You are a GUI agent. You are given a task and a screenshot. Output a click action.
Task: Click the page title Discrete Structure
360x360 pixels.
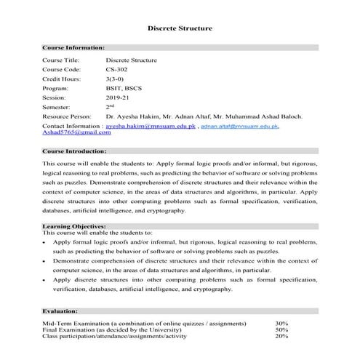[180, 28]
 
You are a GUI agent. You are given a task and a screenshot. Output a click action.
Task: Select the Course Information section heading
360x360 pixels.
[73, 47]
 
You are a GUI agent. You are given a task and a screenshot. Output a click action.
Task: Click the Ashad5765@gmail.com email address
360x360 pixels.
[71, 133]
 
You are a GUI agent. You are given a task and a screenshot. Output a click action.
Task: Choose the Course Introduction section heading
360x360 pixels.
[75, 151]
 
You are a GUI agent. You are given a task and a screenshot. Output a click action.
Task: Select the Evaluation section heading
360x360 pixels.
[60, 310]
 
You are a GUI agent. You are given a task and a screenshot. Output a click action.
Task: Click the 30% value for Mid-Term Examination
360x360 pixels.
[281, 323]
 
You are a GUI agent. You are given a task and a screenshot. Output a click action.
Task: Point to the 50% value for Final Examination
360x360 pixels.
[281, 329]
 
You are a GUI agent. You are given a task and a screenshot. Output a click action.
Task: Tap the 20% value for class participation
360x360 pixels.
[281, 336]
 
